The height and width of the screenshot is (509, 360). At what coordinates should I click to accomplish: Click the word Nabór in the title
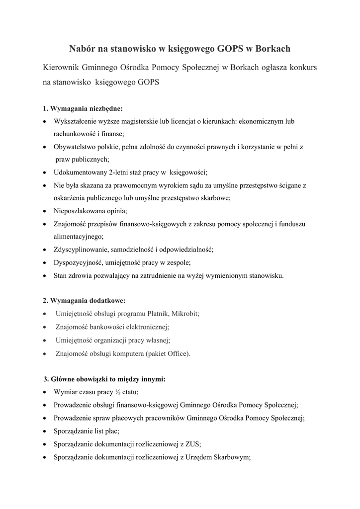[x=82, y=49]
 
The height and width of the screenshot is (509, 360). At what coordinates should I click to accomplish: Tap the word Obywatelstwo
[x=73, y=147]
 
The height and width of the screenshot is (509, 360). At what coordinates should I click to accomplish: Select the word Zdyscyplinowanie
[x=80, y=250]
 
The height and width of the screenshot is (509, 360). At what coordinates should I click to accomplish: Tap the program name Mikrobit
[x=185, y=314]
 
